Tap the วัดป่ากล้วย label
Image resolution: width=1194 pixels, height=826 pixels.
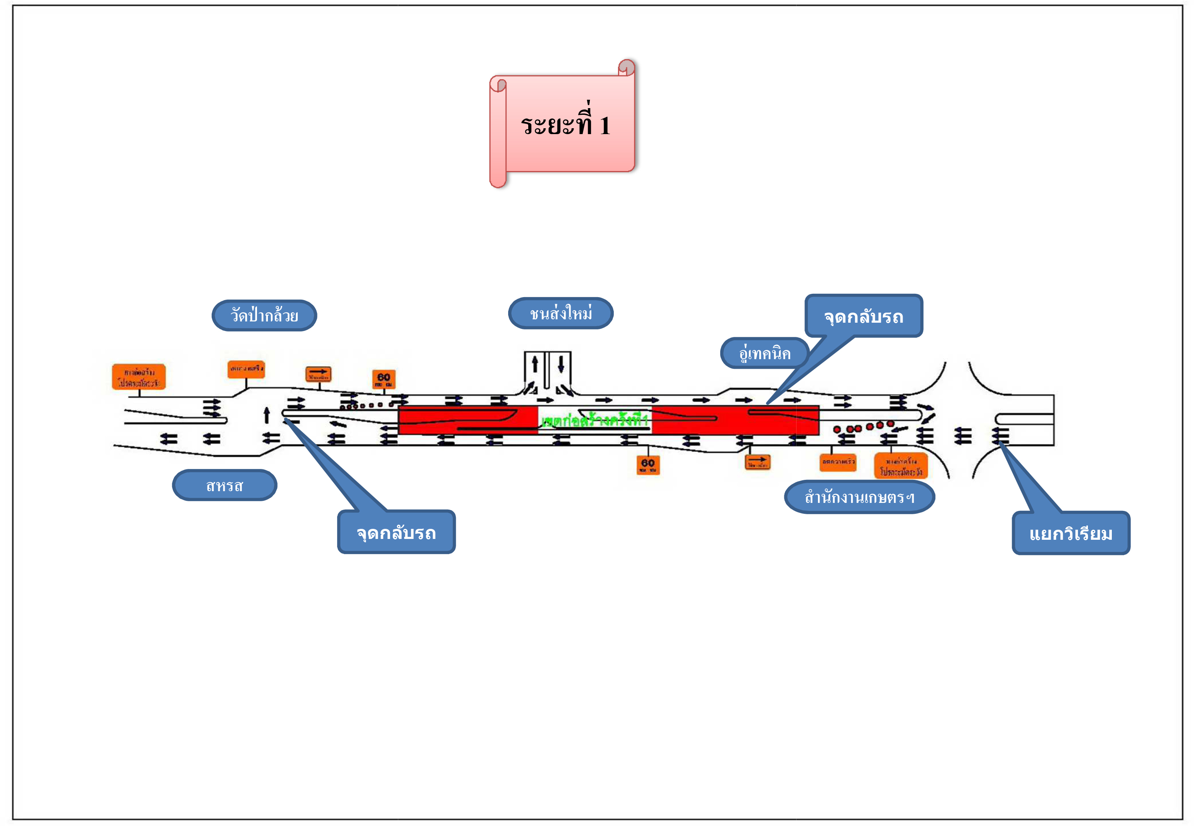(264, 315)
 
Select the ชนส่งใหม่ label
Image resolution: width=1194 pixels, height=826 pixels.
(561, 313)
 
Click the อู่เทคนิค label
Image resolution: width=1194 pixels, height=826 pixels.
(764, 353)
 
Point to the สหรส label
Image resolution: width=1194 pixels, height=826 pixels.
(224, 485)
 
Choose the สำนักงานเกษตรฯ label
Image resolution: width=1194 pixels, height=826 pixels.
(859, 497)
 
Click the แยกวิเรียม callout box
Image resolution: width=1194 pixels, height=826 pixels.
(1070, 533)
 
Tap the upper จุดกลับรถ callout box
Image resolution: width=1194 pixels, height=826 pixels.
(863, 316)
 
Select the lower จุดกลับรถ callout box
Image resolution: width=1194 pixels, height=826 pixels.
(396, 533)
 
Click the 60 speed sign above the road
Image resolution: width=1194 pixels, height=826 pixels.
(384, 379)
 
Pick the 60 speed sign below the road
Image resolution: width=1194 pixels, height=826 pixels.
(648, 464)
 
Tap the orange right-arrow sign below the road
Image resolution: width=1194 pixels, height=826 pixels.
(758, 462)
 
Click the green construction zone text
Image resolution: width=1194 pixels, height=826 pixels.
(594, 420)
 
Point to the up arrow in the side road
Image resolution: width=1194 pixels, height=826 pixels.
(535, 364)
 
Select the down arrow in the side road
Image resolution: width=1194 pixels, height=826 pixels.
(561, 364)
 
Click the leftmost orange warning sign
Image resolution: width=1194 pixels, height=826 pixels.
(139, 377)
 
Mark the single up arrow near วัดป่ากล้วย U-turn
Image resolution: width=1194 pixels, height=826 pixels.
(267, 415)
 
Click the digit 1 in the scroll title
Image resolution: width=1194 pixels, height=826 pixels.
(605, 126)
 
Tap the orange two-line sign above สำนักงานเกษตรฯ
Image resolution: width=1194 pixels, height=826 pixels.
(901, 466)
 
